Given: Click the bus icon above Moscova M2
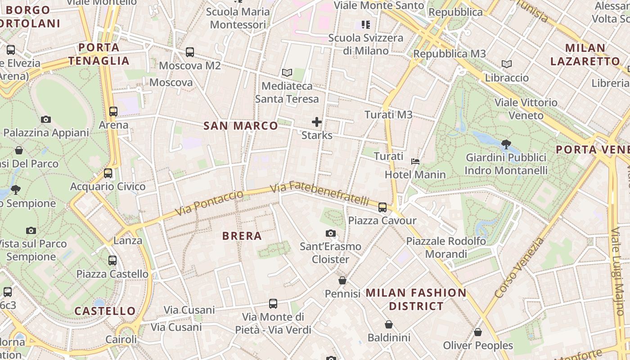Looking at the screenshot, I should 190,52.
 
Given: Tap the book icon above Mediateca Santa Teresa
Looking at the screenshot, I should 287,72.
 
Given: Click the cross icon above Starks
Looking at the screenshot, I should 317,122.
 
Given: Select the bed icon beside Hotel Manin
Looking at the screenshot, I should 415,161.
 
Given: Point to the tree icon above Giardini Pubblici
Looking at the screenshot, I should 506,144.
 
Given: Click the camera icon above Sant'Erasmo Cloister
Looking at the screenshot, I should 331,233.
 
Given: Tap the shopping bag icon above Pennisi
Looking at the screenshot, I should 342,280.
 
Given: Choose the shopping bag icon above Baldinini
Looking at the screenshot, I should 389,324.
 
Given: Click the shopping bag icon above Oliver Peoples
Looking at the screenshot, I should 478,332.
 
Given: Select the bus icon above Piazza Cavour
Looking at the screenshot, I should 382,207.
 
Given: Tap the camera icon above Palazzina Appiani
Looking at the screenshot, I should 45,119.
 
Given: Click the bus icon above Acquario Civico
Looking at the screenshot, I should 108,173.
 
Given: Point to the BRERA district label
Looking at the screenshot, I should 242,236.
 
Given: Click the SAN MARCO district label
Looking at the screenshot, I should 241,126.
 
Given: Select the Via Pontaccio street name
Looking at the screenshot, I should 209,203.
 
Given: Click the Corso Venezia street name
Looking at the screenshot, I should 519,268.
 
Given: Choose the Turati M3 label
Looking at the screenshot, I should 388,115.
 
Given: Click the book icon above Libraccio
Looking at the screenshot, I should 507,64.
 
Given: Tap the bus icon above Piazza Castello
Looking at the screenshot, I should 112,261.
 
